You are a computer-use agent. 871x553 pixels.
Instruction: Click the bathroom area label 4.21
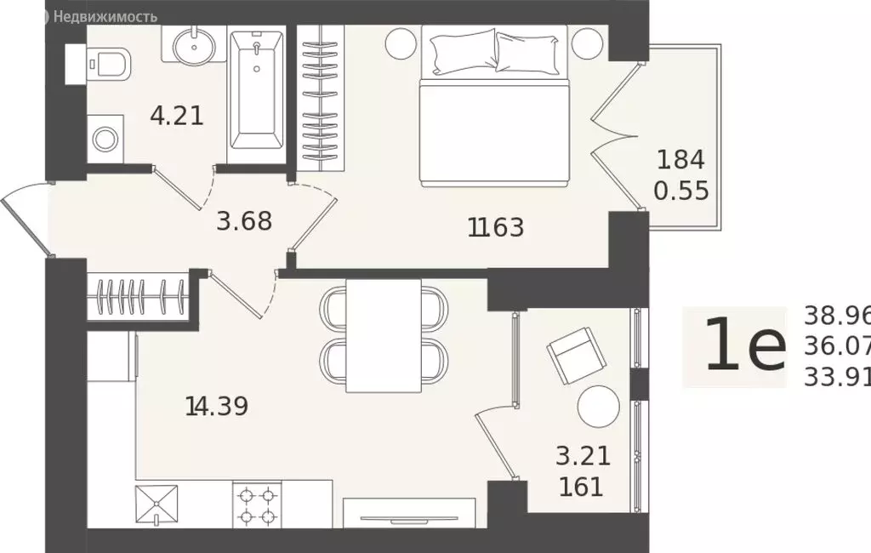177,115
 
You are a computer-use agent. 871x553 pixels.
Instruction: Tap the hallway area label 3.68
244,220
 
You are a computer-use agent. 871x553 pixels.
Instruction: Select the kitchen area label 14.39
216,406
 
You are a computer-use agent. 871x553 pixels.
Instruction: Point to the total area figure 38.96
837,316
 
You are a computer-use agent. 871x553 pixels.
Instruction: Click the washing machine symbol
106,138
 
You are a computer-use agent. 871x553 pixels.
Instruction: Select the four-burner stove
258,505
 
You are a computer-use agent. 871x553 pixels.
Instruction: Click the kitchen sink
158,505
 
